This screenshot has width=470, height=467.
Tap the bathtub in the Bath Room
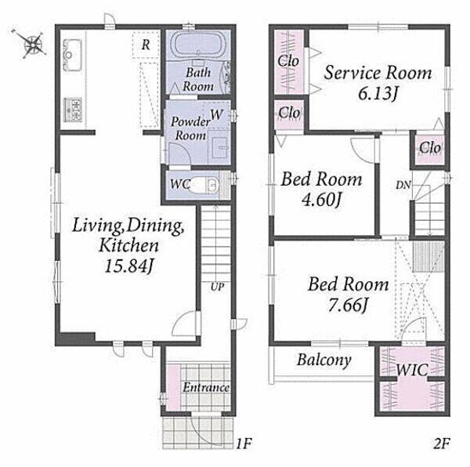pos(198,44)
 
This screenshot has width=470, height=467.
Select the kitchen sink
pos(72,56)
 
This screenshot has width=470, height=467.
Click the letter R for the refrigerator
pos(146,45)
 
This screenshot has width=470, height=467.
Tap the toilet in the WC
pos(203,185)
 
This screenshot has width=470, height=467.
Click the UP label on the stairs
pos(217,287)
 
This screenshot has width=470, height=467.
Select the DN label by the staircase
pos(403,185)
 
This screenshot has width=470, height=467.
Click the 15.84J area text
pos(129,266)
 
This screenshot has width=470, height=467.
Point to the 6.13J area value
pos(378,93)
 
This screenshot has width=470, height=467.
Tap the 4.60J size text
pos(321,199)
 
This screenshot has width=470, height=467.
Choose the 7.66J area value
pos(348,305)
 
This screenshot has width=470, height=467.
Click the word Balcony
pos(324,360)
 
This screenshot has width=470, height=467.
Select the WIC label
pos(412,370)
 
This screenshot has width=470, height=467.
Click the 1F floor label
pos(243,443)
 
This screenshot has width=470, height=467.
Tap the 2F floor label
pos(442,443)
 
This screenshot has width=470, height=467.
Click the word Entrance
pos(206,388)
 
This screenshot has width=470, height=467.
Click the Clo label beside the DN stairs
pos(430,147)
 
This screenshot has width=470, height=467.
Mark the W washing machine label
pos(217,114)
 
